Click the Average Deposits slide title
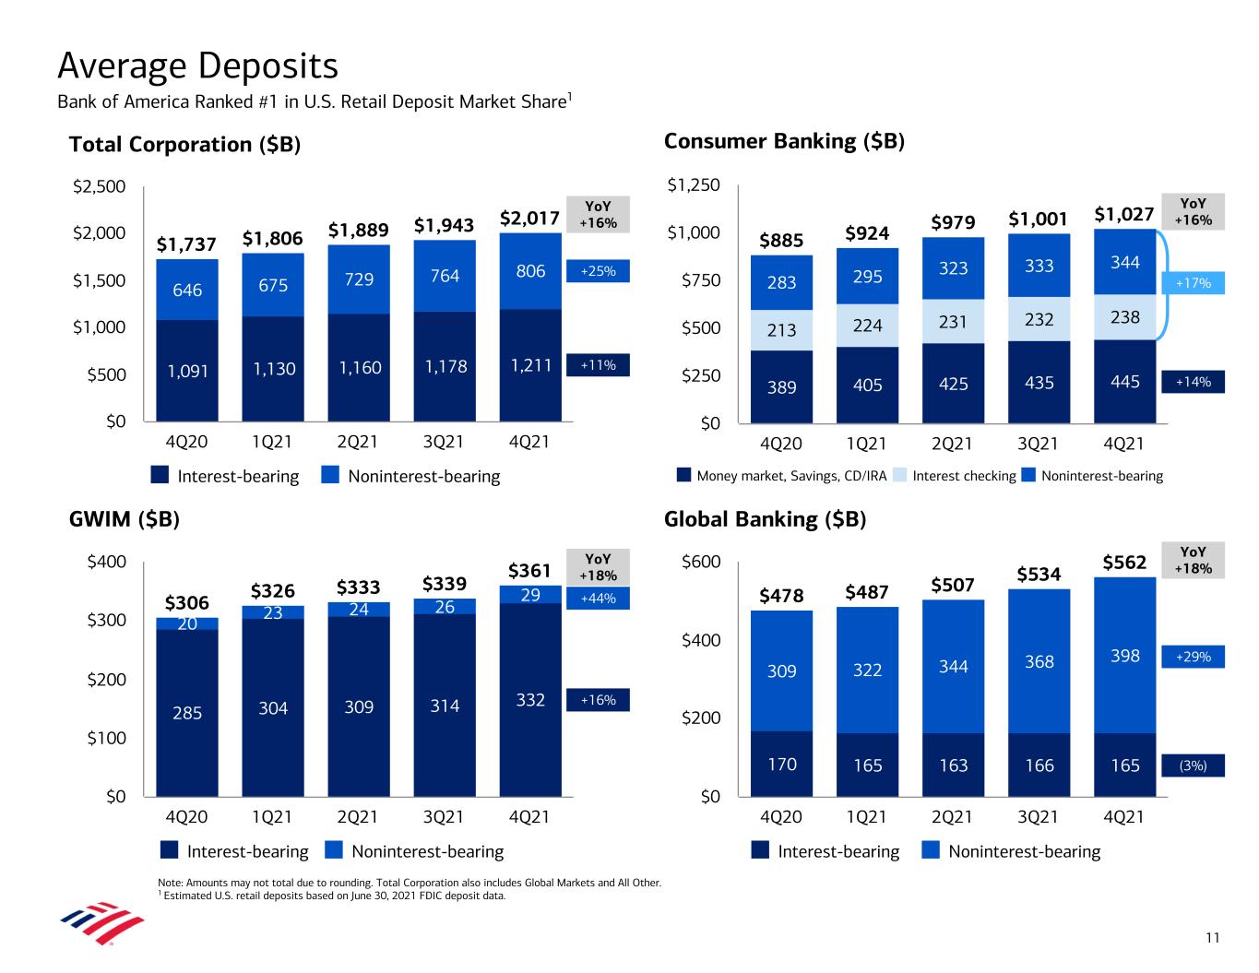click(197, 66)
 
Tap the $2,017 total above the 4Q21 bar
click(529, 219)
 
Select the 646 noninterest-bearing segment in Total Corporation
click(187, 290)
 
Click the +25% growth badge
click(597, 271)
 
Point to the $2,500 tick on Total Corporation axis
click(99, 187)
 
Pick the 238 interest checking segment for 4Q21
click(1125, 317)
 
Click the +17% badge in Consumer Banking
click(1194, 283)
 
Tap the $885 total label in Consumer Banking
click(781, 241)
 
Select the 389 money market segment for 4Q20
click(781, 387)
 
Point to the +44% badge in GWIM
click(597, 599)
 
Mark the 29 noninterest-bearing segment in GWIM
click(530, 595)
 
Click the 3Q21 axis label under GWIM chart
click(444, 817)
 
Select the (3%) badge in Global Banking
click(1193, 765)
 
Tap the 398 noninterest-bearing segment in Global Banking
click(1125, 656)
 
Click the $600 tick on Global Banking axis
click(702, 563)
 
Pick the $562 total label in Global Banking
click(1124, 563)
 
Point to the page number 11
click(1212, 938)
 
